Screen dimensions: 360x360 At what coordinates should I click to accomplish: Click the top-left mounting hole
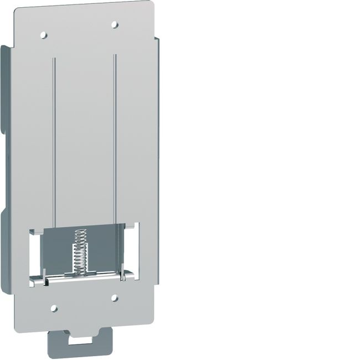[x=44, y=34]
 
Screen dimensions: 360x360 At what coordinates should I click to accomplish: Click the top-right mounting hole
[x=114, y=24]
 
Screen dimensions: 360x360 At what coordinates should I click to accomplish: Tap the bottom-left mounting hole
[x=54, y=307]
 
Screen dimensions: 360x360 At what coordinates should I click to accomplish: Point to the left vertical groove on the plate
[x=54, y=138]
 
